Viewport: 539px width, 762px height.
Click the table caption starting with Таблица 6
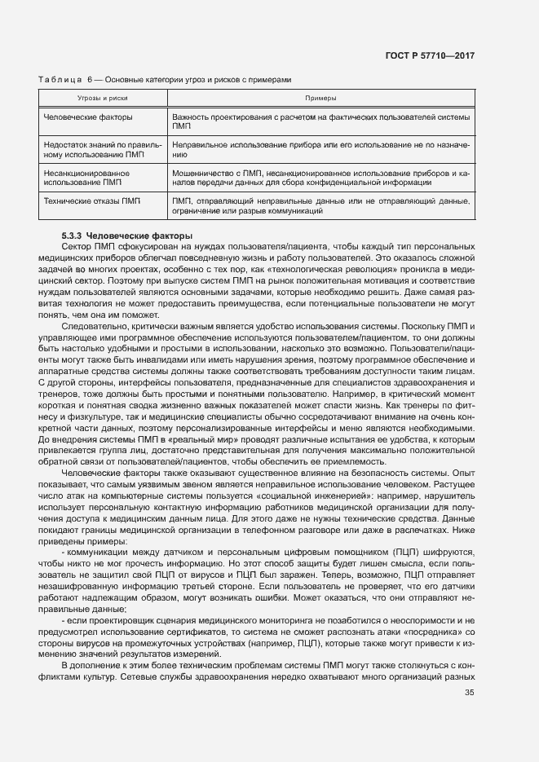(x=164, y=80)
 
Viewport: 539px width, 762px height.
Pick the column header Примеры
(x=320, y=98)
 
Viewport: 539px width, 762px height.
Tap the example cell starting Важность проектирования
(x=320, y=122)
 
